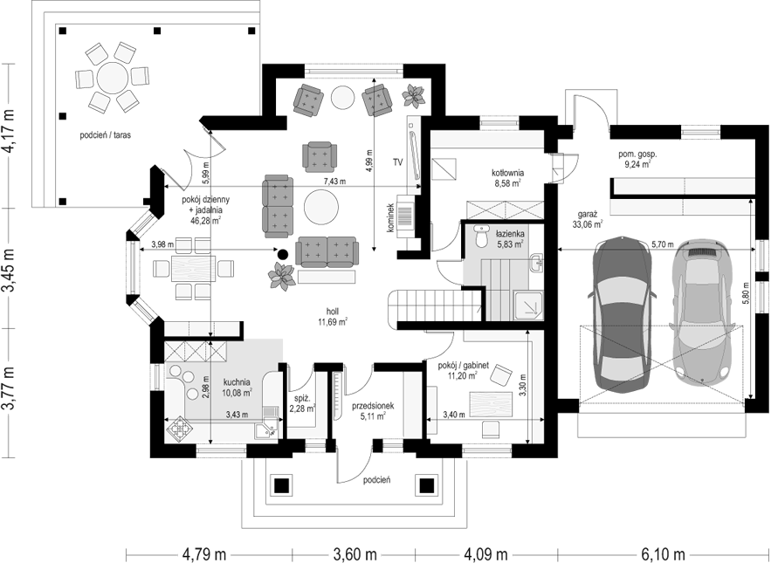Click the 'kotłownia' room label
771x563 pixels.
tap(507, 173)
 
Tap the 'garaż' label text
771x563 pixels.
tap(589, 215)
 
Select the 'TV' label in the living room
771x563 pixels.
tap(398, 161)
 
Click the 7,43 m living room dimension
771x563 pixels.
tap(334, 182)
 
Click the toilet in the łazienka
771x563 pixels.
tap(481, 236)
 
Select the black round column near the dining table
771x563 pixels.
tap(282, 254)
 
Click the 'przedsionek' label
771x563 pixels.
tap(373, 406)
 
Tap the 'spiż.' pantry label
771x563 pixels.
tap(300, 399)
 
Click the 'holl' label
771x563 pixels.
tap(333, 312)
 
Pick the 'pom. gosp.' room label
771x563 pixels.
tap(637, 154)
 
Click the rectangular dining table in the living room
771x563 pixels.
tap(192, 268)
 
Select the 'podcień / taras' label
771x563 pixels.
tap(106, 134)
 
